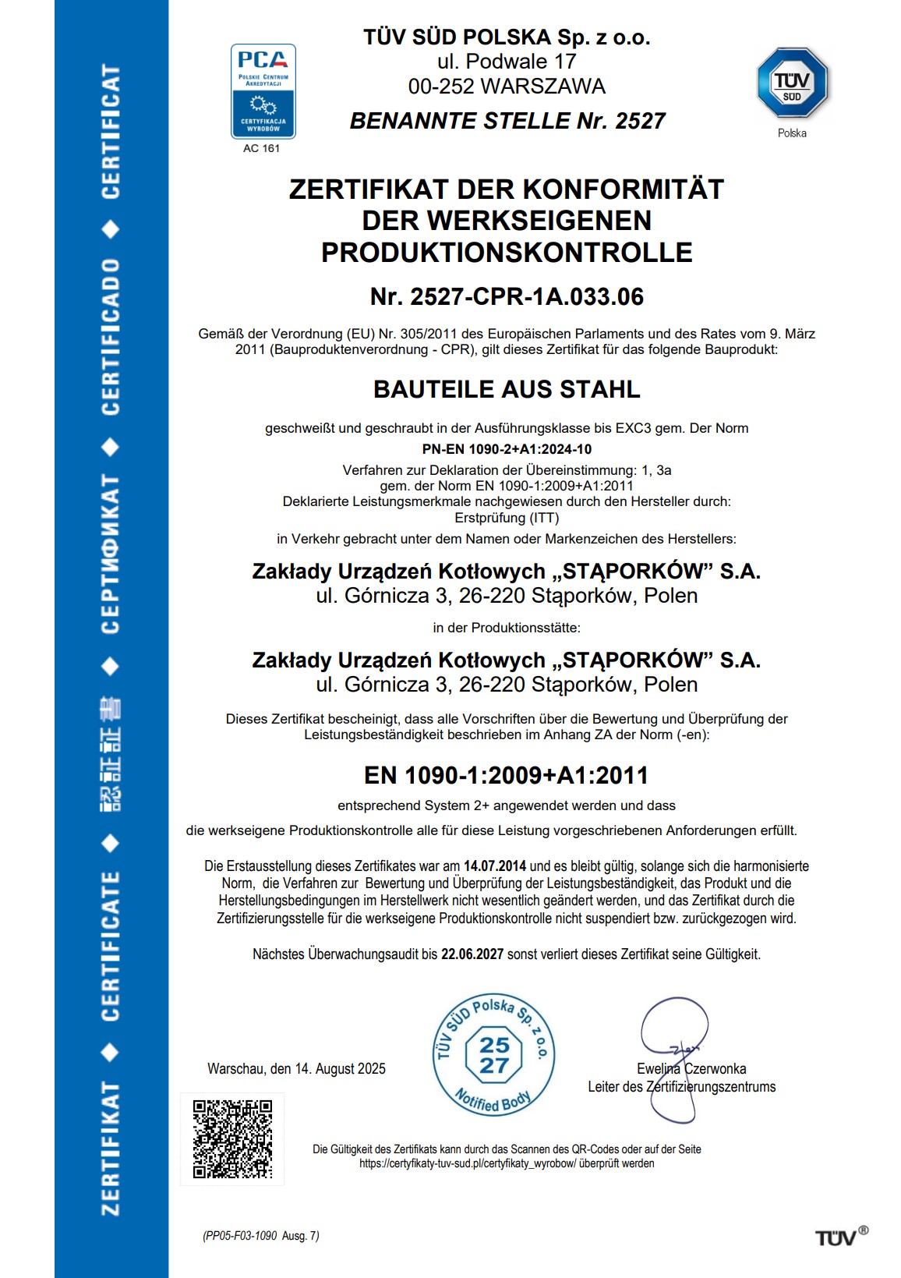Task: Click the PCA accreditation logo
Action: coord(263,90)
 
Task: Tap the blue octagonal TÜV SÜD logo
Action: coord(792,83)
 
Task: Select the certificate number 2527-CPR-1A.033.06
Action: coord(507,297)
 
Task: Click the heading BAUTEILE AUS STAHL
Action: coord(507,389)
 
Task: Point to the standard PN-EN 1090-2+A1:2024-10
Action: coord(507,449)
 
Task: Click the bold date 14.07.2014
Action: coord(495,866)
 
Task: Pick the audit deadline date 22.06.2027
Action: coord(472,954)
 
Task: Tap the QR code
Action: coord(232,1139)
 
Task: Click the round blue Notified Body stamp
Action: coord(493,1055)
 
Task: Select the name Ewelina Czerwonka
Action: coord(691,1069)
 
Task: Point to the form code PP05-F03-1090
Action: coord(241,1236)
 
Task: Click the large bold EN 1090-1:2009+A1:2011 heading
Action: coord(507,776)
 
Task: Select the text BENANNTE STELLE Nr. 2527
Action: coord(507,122)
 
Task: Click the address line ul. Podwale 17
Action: coord(507,62)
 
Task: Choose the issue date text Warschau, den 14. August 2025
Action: coord(296,1069)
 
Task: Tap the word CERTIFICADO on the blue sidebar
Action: coord(111,337)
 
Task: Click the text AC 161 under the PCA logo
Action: coord(261,148)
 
